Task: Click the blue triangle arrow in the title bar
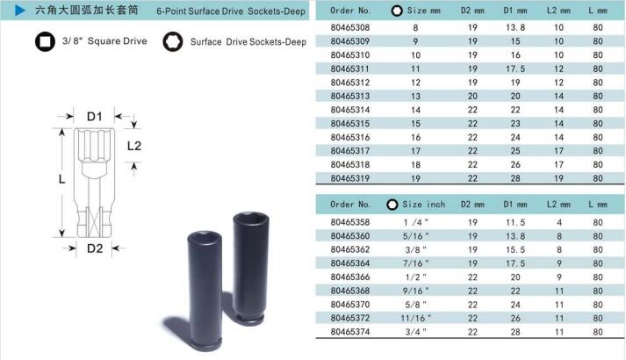(x=19, y=11)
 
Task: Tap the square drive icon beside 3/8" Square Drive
(x=45, y=41)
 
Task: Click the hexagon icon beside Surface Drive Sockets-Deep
(x=173, y=42)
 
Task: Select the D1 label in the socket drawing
(x=95, y=117)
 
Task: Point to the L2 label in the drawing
(x=134, y=146)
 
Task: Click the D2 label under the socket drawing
(x=95, y=248)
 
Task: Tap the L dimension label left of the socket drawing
(x=61, y=179)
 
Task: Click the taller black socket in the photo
(x=250, y=268)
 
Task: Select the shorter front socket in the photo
(x=205, y=291)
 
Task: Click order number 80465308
(x=350, y=27)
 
